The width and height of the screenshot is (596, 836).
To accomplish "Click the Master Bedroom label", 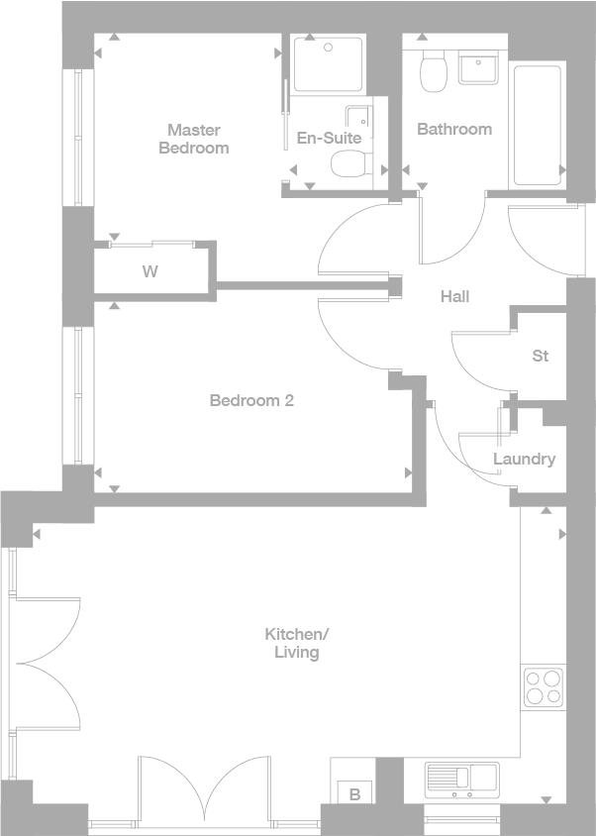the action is [x=194, y=139].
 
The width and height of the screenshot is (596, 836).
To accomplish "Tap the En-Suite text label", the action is [x=329, y=138].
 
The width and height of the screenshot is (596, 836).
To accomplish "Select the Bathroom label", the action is [x=454, y=129].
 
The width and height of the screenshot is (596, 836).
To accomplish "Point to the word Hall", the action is [x=454, y=296].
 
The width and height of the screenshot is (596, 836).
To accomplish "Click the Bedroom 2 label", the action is [x=251, y=400].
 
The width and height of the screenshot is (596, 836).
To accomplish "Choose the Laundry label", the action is [x=524, y=459].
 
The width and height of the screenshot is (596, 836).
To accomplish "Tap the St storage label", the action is [x=540, y=356].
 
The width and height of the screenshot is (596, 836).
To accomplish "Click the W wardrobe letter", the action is [x=150, y=271].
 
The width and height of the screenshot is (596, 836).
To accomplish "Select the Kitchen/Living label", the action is [x=297, y=643].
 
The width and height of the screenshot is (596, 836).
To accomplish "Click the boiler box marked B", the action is [x=355, y=791].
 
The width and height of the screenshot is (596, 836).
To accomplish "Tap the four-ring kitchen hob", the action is [x=543, y=687].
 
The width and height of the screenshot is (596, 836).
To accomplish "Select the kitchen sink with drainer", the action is [x=462, y=780].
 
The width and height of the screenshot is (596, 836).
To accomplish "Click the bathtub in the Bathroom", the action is [x=538, y=125].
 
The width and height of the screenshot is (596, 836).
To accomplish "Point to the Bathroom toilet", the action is [x=433, y=71].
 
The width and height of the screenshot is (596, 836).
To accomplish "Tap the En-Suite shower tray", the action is [x=328, y=64].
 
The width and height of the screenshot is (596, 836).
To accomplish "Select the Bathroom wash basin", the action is [x=479, y=67].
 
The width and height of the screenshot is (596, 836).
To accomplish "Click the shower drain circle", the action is [x=329, y=48].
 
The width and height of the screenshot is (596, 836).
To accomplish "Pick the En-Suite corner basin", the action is [x=358, y=117].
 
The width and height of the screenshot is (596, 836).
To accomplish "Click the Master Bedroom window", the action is [x=78, y=138].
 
